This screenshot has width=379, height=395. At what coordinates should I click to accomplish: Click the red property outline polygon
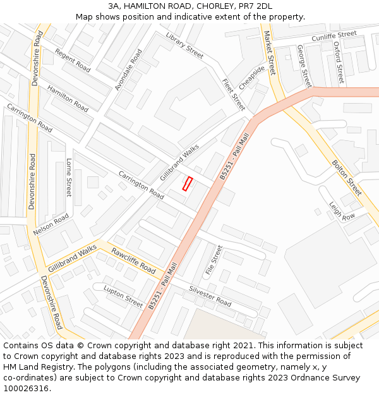click(187, 183)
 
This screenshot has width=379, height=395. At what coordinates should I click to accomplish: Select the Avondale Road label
click(128, 70)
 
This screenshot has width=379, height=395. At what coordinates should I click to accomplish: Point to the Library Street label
click(184, 46)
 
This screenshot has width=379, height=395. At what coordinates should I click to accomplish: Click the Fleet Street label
click(233, 95)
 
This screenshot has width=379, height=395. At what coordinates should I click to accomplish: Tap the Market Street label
click(270, 53)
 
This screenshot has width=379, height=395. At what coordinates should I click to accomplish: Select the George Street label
click(304, 66)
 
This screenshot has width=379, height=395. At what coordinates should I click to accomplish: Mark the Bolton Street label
click(347, 178)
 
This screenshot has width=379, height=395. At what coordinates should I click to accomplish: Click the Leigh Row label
click(342, 210)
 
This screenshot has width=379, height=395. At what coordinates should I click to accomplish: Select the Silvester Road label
click(210, 296)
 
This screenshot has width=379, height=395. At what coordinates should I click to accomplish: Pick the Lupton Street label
click(123, 296)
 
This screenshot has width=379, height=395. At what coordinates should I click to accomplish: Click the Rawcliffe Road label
click(133, 261)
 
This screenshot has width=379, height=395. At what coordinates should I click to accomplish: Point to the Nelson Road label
click(51, 224)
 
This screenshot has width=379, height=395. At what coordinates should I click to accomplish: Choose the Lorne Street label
click(69, 178)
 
